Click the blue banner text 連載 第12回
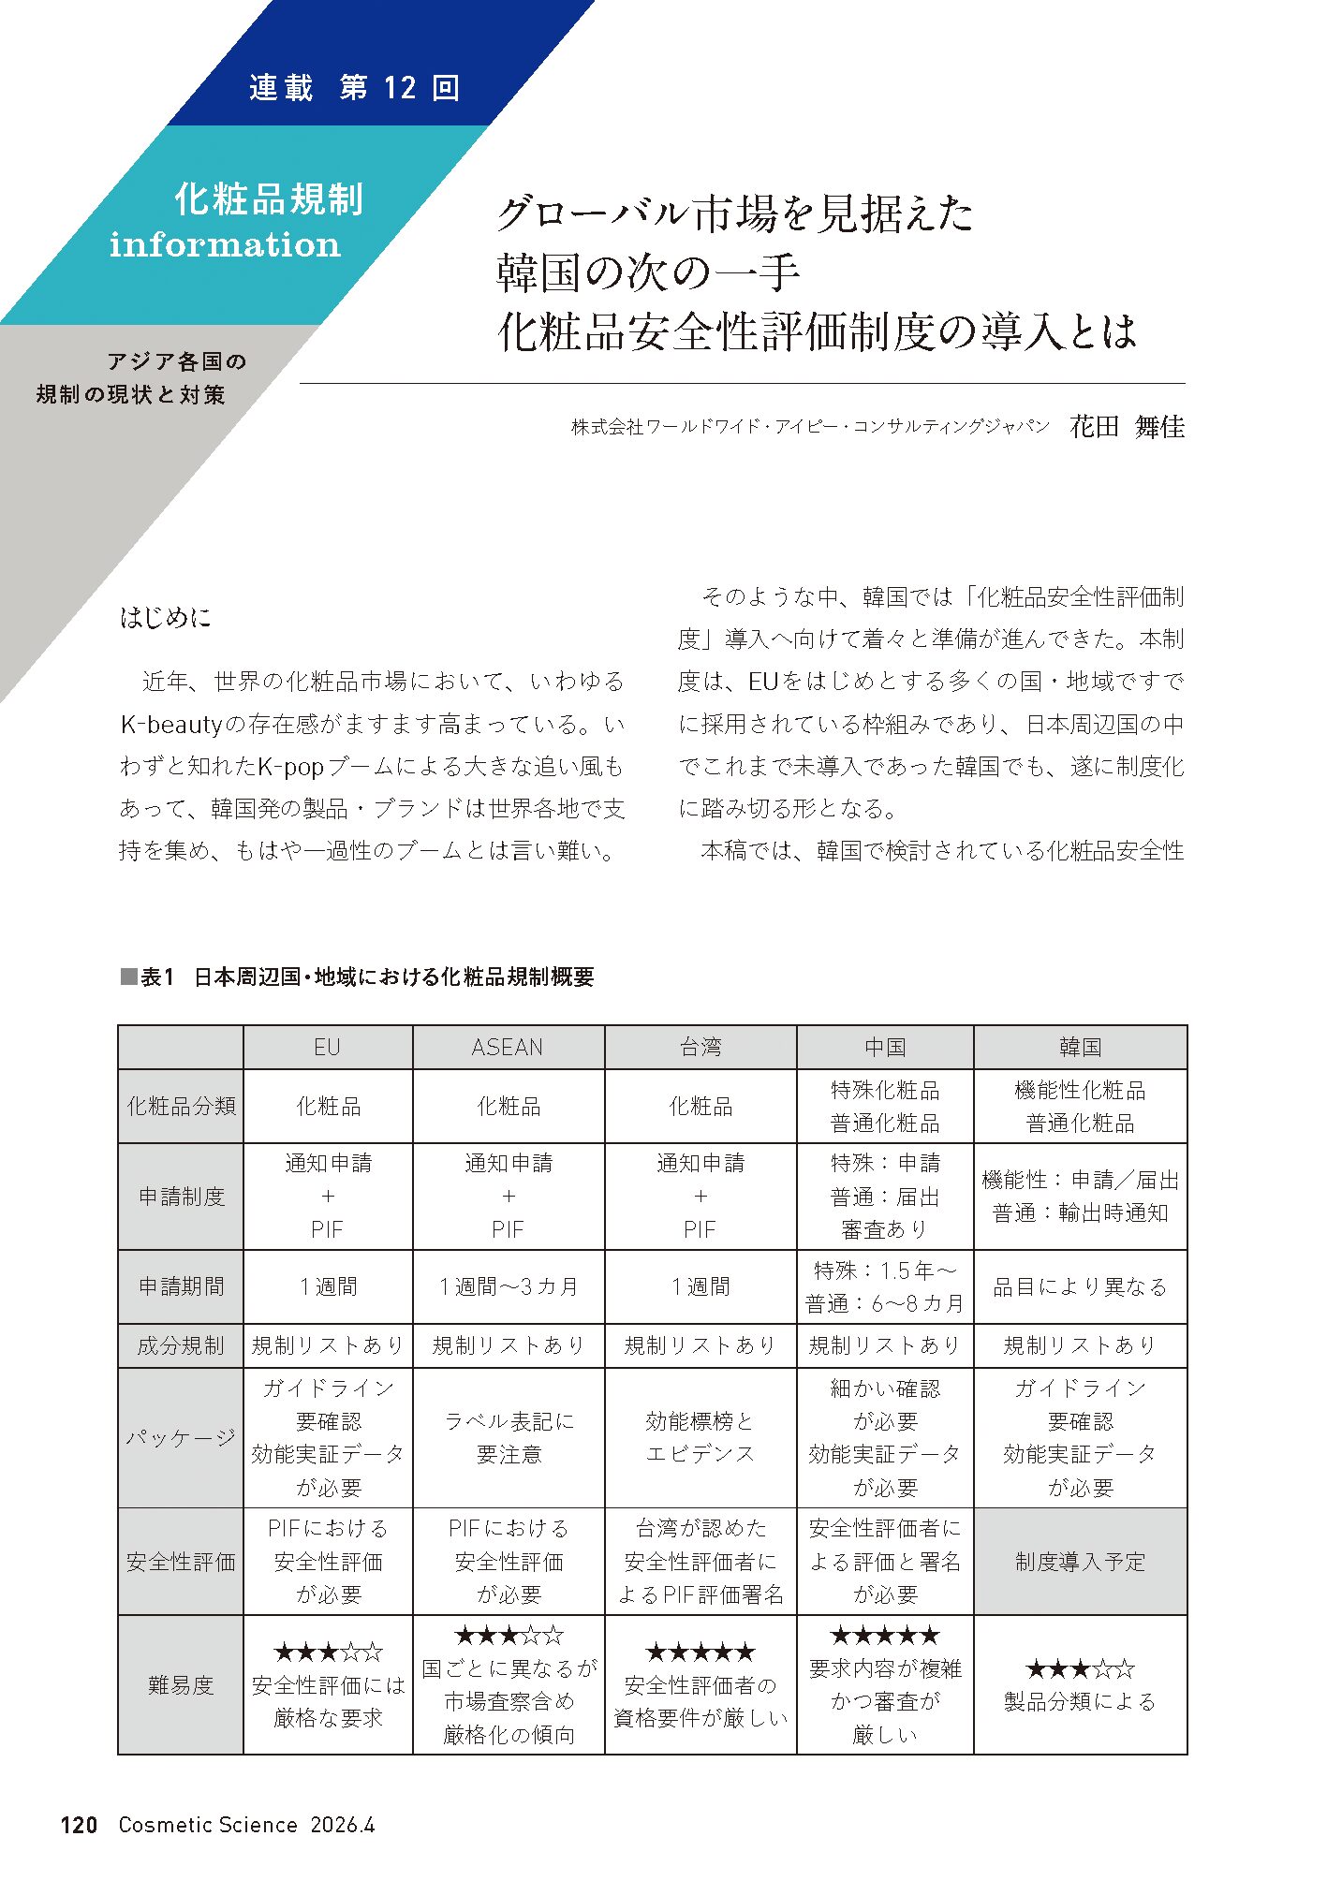(354, 88)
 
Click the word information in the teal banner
(225, 244)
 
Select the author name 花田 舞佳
(1127, 427)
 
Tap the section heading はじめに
(166, 617)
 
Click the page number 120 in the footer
(79, 1825)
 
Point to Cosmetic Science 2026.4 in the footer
(246, 1825)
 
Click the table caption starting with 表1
(357, 977)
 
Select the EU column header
(327, 1048)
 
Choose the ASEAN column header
(508, 1048)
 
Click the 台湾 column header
(700, 1048)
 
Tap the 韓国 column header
(1080, 1048)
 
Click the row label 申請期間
(181, 1286)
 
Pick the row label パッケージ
(181, 1437)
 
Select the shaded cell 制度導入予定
(1080, 1562)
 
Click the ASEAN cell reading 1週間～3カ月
(508, 1286)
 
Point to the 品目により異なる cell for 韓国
(1080, 1286)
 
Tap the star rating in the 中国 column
(884, 1636)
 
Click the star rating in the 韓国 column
(1080, 1668)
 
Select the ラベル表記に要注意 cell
(508, 1437)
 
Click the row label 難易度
(181, 1685)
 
